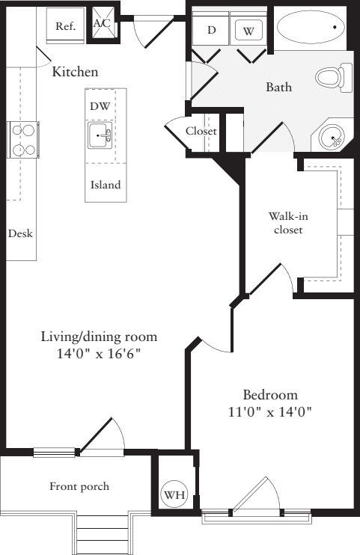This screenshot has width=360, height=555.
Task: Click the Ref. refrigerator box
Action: pos(66,25)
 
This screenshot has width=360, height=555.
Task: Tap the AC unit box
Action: pos(102,23)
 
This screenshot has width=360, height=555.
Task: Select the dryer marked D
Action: pos(211,30)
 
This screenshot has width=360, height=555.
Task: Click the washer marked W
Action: pos(247,31)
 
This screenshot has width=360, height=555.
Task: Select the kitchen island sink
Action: pos(100,137)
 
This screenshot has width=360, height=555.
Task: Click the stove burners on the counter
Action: pos(23,140)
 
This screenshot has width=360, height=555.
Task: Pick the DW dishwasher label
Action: pos(100,106)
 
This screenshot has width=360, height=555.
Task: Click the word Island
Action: pos(106,185)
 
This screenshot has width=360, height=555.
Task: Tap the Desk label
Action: pos(20,233)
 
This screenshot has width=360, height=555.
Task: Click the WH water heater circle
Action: pos(174,494)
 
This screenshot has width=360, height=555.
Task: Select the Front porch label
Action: pos(79,486)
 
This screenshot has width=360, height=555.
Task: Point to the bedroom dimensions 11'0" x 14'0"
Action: pos(269,411)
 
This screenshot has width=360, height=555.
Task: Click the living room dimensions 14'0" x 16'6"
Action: pos(99,353)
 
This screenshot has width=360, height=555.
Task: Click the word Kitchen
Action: pos(75,72)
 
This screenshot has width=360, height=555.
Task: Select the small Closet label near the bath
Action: pos(201,131)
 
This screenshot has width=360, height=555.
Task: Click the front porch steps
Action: pos(102,535)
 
